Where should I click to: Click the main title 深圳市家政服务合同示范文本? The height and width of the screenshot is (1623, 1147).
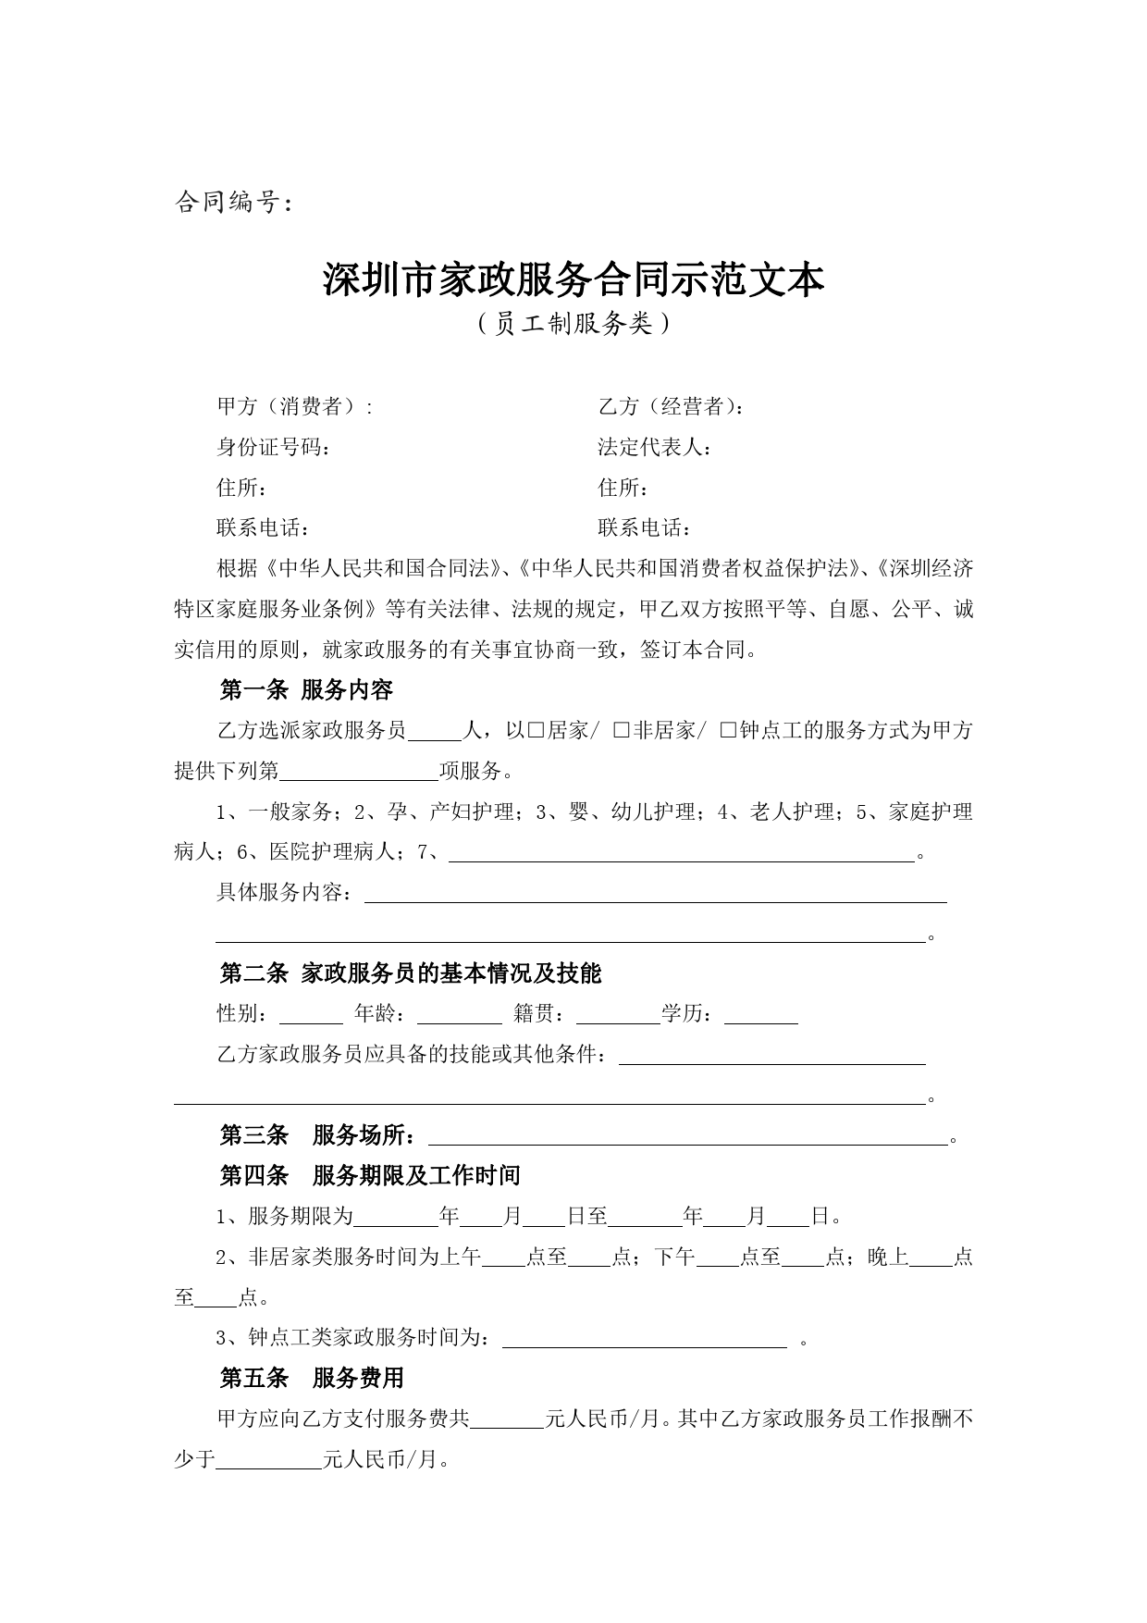[573, 279]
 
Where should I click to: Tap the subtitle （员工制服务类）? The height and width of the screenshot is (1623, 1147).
[573, 324]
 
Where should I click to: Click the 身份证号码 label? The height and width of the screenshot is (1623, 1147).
[272, 447]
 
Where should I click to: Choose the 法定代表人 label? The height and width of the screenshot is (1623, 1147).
[654, 447]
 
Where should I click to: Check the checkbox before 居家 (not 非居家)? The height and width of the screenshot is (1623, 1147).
[536, 731]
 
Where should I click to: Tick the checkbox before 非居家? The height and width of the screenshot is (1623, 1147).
[622, 731]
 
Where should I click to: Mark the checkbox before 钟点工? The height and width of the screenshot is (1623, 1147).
[728, 731]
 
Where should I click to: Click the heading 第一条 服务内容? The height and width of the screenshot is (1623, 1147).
[306, 689]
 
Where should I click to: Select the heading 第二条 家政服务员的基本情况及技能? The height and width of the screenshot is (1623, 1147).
[410, 973]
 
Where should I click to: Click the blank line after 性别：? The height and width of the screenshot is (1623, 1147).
[311, 1015]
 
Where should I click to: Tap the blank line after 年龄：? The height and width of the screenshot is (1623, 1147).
[459, 1015]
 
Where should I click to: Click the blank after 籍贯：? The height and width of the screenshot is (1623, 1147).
[617, 1015]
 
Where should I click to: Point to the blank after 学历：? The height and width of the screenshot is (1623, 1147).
[760, 1015]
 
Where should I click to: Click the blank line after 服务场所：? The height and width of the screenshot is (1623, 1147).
[688, 1136]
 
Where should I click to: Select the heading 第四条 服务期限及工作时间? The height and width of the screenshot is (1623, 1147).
[369, 1176]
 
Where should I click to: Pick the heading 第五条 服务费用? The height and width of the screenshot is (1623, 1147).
[312, 1379]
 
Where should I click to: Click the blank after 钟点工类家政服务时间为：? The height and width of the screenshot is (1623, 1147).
[644, 1339]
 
